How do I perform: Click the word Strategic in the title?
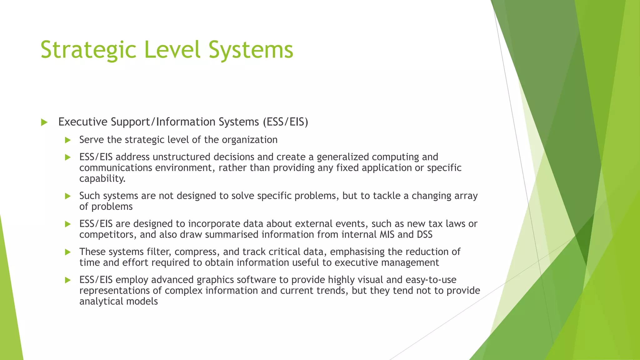click(88, 50)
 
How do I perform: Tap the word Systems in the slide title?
click(251, 50)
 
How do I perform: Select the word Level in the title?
click(172, 50)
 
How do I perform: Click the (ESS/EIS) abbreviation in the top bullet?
click(285, 122)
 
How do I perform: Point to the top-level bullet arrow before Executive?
click(44, 122)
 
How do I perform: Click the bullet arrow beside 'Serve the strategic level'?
click(68, 140)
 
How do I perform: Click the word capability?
click(102, 178)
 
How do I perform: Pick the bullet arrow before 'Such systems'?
click(68, 196)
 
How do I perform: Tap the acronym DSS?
click(424, 234)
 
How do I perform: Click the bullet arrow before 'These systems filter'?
click(68, 252)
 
